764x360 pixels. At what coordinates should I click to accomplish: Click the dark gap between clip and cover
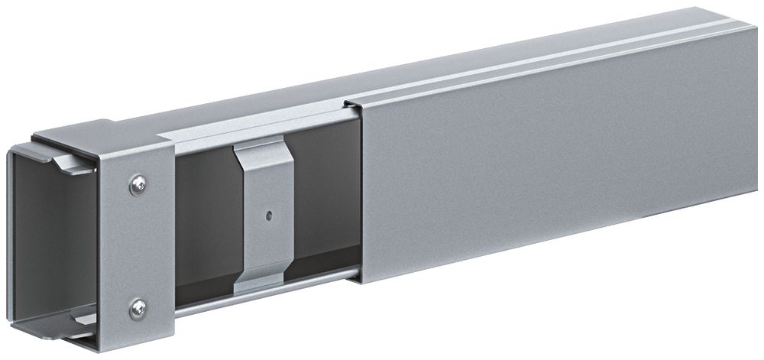click(325, 199)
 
